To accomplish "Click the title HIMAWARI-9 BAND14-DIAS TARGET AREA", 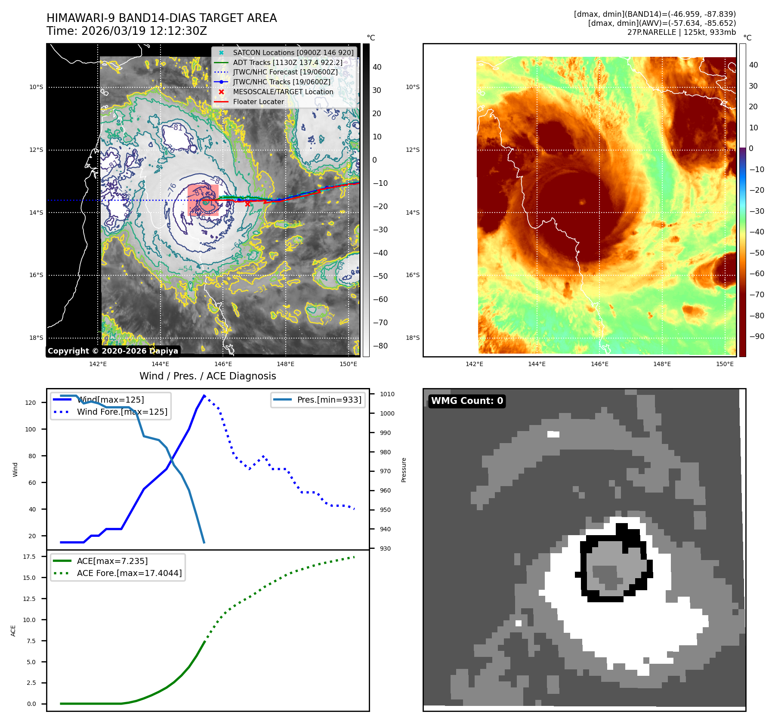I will pyautogui.click(x=161, y=18).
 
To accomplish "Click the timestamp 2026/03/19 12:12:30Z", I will pyautogui.click(x=144, y=31).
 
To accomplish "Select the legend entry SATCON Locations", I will pyautogui.click(x=293, y=52).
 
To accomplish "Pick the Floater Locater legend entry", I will pyautogui.click(x=258, y=102).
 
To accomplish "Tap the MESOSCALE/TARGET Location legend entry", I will pyautogui.click(x=283, y=92).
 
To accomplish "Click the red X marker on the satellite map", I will pyautogui.click(x=247, y=204).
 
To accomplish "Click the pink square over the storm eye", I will pyautogui.click(x=203, y=200).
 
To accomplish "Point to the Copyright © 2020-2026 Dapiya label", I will pyautogui.click(x=113, y=351).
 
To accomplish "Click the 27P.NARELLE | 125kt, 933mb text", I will pyautogui.click(x=681, y=32).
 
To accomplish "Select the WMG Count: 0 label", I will pyautogui.click(x=467, y=401).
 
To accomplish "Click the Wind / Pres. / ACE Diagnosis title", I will pyautogui.click(x=207, y=376).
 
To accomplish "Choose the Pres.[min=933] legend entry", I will pyautogui.click(x=329, y=400).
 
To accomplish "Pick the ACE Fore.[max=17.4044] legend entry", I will pyautogui.click(x=129, y=573).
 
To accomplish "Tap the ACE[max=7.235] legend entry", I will pyautogui.click(x=112, y=561).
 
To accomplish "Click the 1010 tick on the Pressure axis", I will pyautogui.click(x=387, y=394).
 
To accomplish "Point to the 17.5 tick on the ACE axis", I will pyautogui.click(x=29, y=557).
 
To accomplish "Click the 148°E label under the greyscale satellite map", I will pyautogui.click(x=285, y=364).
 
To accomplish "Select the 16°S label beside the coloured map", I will pyautogui.click(x=412, y=275).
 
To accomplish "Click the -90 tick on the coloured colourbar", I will pyautogui.click(x=756, y=336).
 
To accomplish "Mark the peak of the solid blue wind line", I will pyautogui.click(x=204, y=395).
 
